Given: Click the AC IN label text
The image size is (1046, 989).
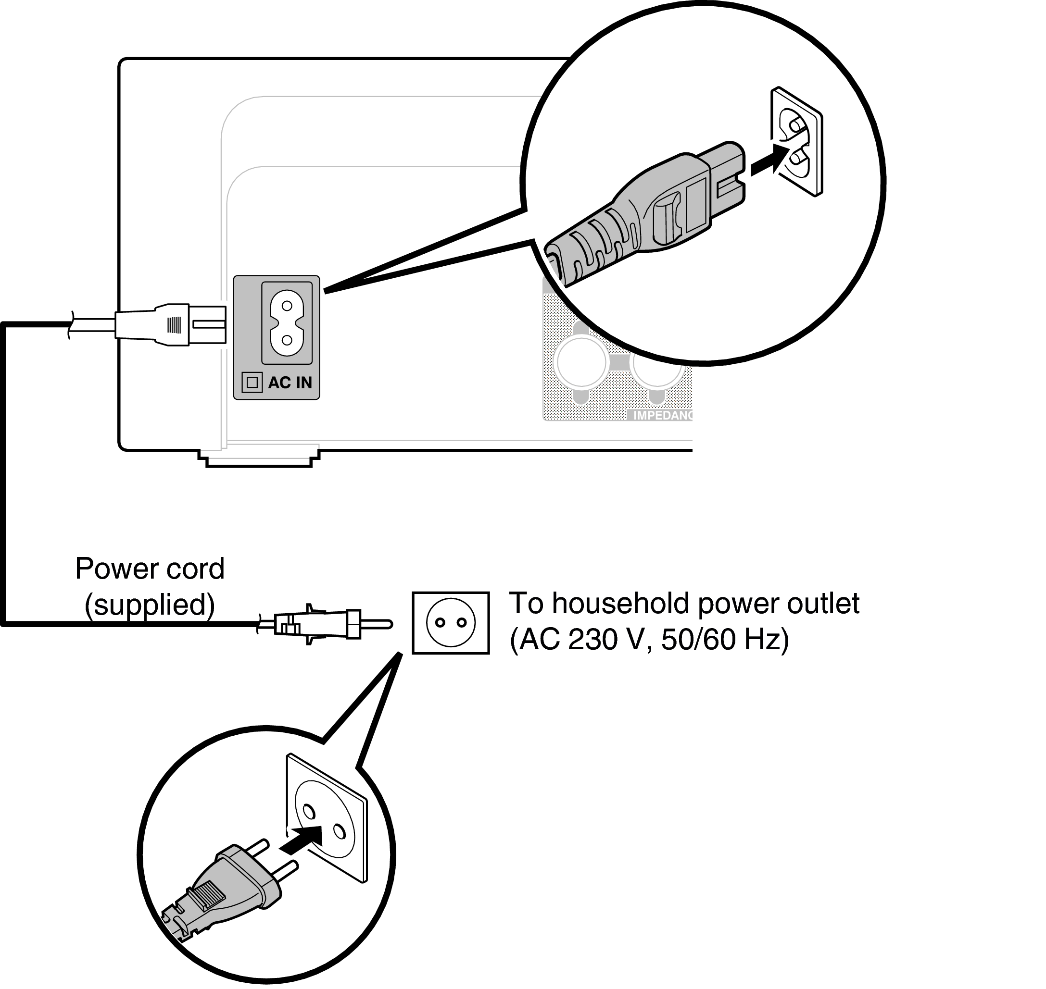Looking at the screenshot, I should click(290, 382).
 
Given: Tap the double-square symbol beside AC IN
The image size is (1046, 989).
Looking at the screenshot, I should click(252, 382).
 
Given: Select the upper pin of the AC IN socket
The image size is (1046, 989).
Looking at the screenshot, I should click(287, 306).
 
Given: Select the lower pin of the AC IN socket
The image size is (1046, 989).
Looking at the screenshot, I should click(287, 340).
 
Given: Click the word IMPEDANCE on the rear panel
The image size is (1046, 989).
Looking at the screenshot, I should click(663, 415).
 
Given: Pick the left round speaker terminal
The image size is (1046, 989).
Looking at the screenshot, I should click(581, 363).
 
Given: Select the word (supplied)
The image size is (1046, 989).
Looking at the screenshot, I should click(150, 605).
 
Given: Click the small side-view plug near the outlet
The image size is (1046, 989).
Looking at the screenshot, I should click(322, 624).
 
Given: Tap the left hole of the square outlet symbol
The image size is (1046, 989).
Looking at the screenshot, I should click(440, 623).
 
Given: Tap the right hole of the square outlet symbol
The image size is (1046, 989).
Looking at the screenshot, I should click(462, 623).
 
